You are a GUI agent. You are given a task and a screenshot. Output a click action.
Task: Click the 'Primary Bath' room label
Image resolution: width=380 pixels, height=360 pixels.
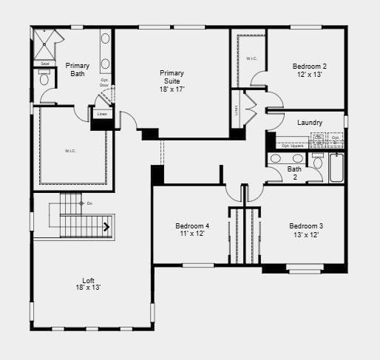click(x=78, y=69)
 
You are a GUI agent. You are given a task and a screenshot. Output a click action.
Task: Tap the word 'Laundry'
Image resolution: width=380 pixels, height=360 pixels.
click(x=309, y=123)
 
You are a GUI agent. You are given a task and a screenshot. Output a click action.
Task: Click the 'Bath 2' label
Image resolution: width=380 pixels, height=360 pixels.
click(x=294, y=173)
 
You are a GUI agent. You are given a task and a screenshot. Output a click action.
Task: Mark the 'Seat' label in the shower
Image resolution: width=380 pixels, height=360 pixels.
click(x=44, y=64)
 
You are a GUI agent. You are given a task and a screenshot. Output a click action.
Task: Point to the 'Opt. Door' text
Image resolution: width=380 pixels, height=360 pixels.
click(x=104, y=82)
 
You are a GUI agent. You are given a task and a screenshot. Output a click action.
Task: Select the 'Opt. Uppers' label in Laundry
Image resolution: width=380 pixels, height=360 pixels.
click(x=293, y=146)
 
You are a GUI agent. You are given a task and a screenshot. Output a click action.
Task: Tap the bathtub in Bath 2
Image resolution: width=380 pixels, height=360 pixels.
click(x=336, y=168)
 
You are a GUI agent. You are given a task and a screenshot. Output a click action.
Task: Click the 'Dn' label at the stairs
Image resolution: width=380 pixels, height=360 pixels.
click(x=89, y=203)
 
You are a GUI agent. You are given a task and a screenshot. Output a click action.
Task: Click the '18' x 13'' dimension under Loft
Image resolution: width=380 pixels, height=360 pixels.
click(x=88, y=288)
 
